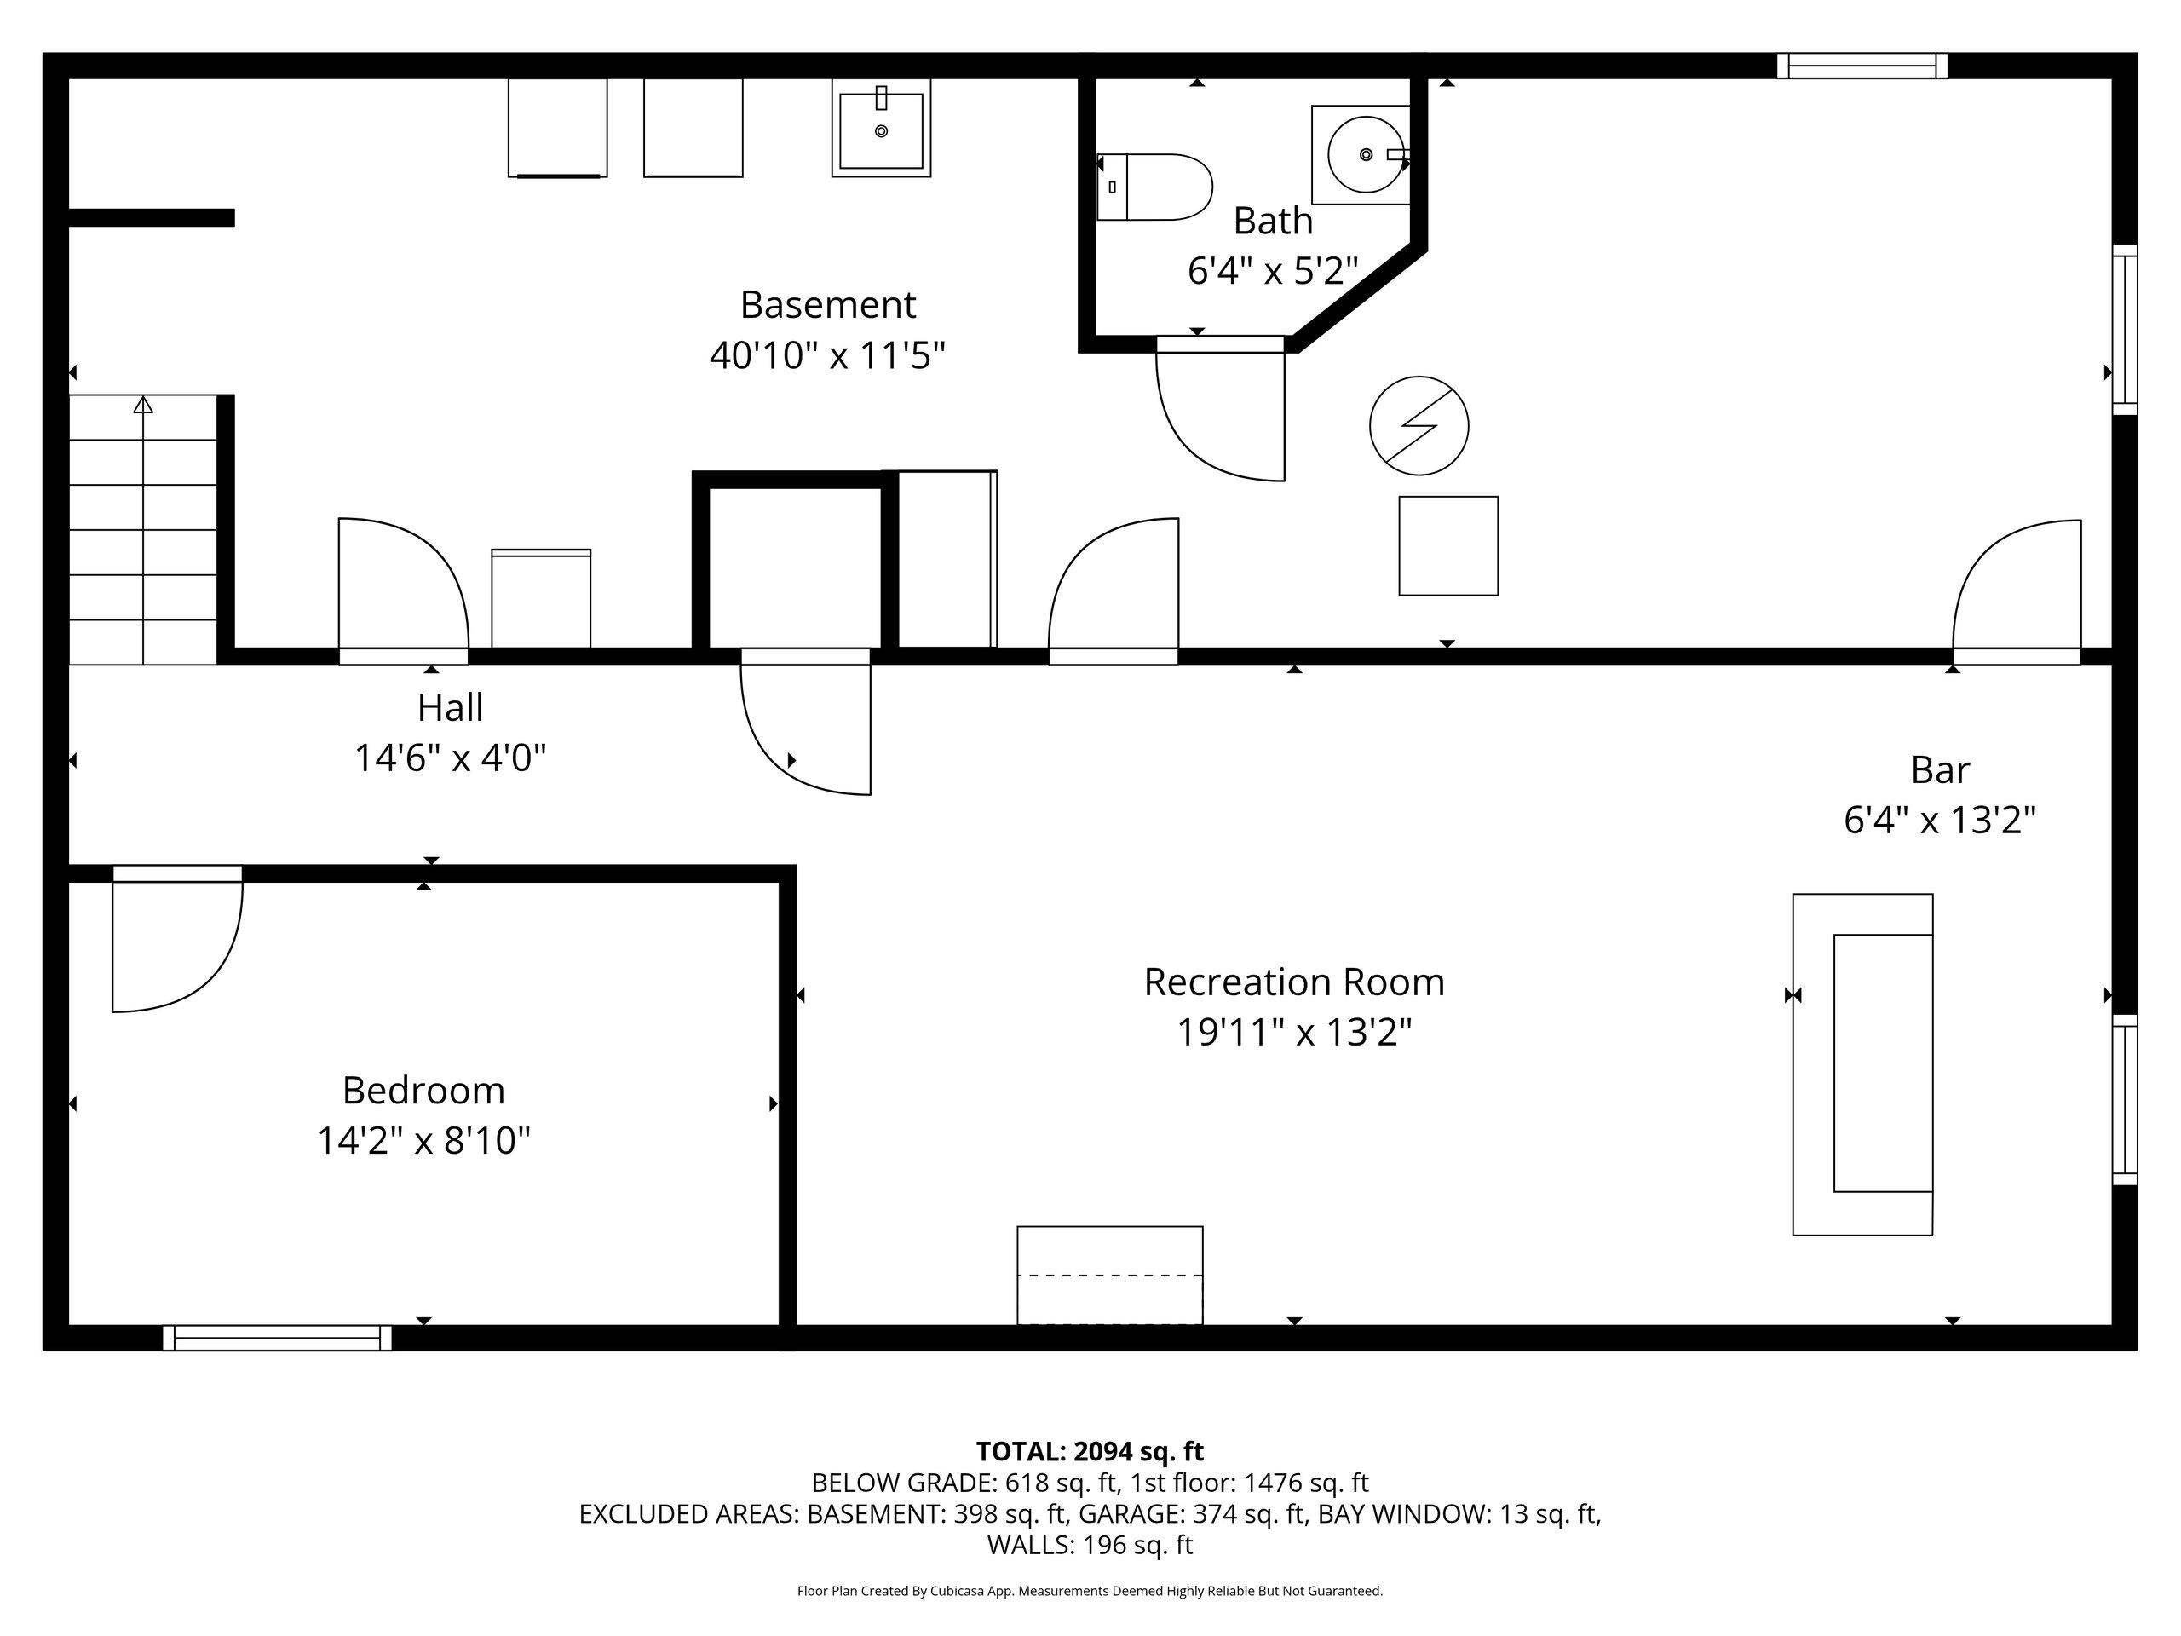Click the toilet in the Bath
click(1154, 187)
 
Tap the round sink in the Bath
click(1366, 155)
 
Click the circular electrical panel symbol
click(1419, 426)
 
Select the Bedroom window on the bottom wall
click(277, 1338)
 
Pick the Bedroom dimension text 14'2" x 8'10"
click(424, 1141)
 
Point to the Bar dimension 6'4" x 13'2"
click(1939, 820)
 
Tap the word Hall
click(451, 707)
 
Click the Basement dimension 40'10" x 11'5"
click(827, 355)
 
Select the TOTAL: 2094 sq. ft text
click(1090, 1452)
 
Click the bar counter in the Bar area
click(1862, 1064)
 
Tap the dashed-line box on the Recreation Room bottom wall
click(1109, 1275)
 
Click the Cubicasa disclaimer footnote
click(1090, 1591)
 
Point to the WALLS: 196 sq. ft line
click(1090, 1546)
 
